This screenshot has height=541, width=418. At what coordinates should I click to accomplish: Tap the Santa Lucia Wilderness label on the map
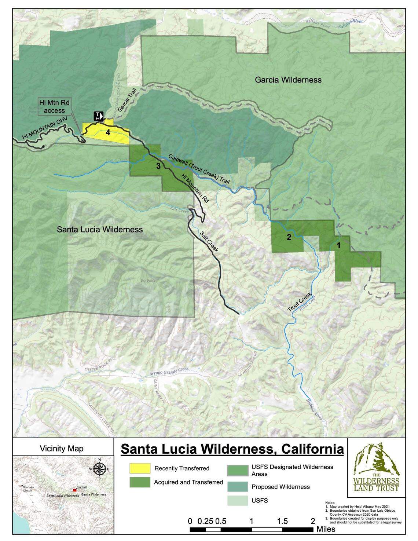pos(100,230)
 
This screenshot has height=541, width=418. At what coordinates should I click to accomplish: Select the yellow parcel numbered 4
pos(108,133)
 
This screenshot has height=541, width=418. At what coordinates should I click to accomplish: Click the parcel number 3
pos(158,166)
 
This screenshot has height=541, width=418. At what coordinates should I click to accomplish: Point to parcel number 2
pos(289,237)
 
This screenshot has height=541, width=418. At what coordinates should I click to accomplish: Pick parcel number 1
pos(338,245)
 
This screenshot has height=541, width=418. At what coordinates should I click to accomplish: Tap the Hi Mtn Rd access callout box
pos(54,106)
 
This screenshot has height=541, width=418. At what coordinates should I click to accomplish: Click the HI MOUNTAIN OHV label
pos(41,131)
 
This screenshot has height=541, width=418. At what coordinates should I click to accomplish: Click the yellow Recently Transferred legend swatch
pos(140,468)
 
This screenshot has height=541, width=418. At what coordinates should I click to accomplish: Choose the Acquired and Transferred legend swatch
pos(140,482)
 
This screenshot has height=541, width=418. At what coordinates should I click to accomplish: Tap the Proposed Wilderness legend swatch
pos(237,487)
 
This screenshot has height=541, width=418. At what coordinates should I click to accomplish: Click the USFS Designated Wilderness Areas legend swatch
pos(237,470)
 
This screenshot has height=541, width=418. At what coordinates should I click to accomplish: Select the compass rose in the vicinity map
pos(100,468)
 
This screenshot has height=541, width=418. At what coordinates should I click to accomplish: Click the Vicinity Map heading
pos(62,449)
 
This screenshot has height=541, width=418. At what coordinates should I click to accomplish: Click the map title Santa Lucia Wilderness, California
pos(232,449)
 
